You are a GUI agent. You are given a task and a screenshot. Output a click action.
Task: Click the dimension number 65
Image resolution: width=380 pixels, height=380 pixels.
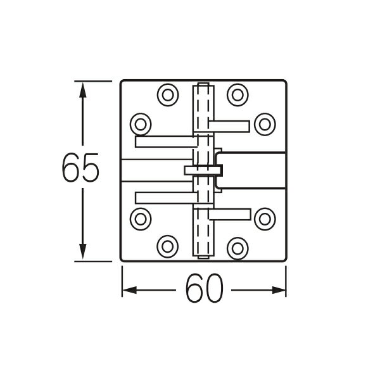point(80,170)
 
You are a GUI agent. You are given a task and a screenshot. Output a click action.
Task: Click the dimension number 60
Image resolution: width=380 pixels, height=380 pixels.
point(205,291)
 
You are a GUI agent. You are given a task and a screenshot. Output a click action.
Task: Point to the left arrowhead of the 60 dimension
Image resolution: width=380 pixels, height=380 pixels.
point(129,290)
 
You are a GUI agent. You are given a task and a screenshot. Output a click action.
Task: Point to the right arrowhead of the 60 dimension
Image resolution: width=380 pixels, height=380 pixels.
point(279,290)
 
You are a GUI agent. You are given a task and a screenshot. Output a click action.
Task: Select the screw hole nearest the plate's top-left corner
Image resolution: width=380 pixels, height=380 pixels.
point(167,95)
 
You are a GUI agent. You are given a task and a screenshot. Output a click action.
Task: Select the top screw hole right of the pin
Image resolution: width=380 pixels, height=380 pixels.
point(237,95)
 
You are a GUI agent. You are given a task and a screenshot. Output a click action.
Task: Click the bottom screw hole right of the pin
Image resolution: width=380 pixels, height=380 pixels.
point(237,246)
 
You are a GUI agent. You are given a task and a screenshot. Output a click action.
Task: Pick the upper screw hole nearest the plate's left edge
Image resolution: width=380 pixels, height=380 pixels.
point(141,122)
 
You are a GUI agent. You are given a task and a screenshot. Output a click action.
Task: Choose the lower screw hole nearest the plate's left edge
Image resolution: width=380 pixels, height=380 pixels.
point(141,218)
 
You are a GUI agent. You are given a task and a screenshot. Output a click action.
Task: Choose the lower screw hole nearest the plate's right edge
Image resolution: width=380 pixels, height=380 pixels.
point(264,218)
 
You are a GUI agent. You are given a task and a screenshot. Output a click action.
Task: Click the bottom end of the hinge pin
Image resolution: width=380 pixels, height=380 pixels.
point(203,256)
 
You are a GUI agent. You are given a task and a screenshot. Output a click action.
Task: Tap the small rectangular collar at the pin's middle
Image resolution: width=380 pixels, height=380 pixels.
point(203,170)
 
